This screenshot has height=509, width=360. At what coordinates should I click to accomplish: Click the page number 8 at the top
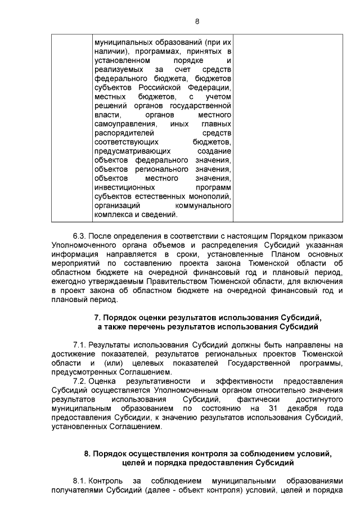pyautogui.click(x=197, y=21)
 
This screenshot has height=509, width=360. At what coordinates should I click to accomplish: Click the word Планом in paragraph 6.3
pyautogui.click(x=263, y=255)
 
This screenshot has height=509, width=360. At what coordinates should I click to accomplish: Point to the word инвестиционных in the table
pyautogui.click(x=125, y=187)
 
